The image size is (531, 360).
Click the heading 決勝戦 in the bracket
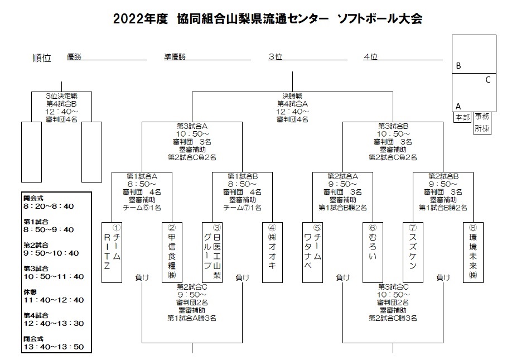292,96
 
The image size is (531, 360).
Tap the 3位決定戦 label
61,96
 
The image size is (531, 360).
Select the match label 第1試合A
142,176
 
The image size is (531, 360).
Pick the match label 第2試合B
443,176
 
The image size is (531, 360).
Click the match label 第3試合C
393,286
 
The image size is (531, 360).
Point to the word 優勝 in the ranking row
74,56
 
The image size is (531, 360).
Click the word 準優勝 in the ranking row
175,56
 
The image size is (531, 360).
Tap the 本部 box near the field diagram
462,117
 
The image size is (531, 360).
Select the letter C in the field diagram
487,80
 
